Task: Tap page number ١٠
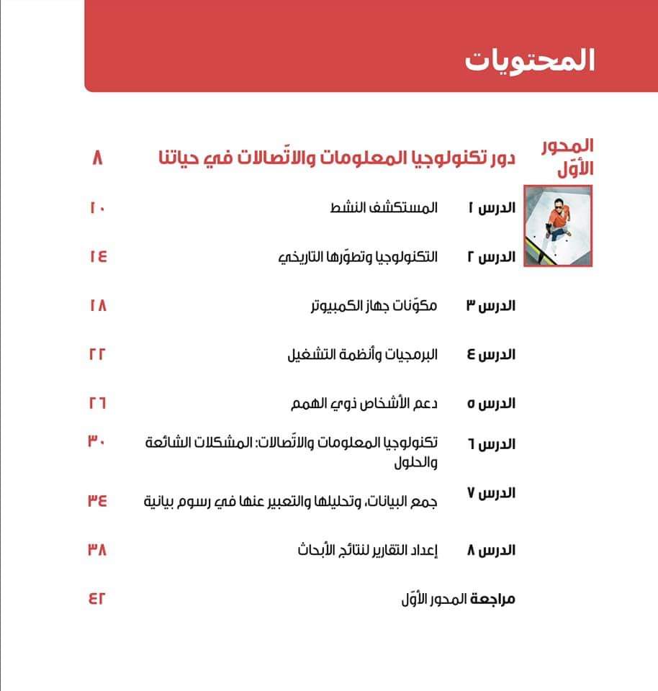(x=98, y=209)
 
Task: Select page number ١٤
(x=98, y=257)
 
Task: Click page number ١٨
(x=98, y=305)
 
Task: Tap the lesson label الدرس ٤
(x=497, y=355)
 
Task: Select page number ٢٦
(x=98, y=403)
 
